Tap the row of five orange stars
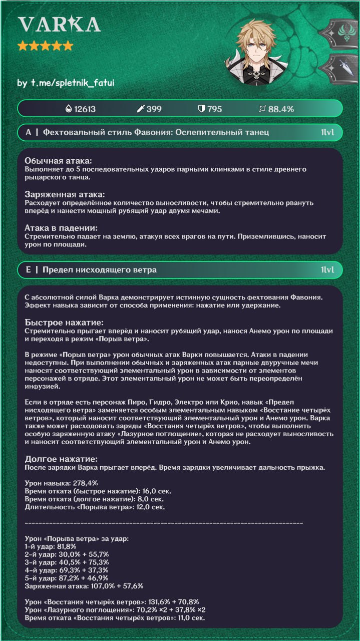pyautogui.click(x=45, y=47)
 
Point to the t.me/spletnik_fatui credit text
pyautogui.click(x=66, y=83)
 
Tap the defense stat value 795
pyautogui.click(x=214, y=109)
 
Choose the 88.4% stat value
pyautogui.click(x=281, y=109)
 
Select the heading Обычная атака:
pyautogui.click(x=59, y=161)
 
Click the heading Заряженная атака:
pyautogui.click(x=64, y=194)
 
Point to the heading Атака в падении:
pyautogui.click(x=61, y=228)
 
